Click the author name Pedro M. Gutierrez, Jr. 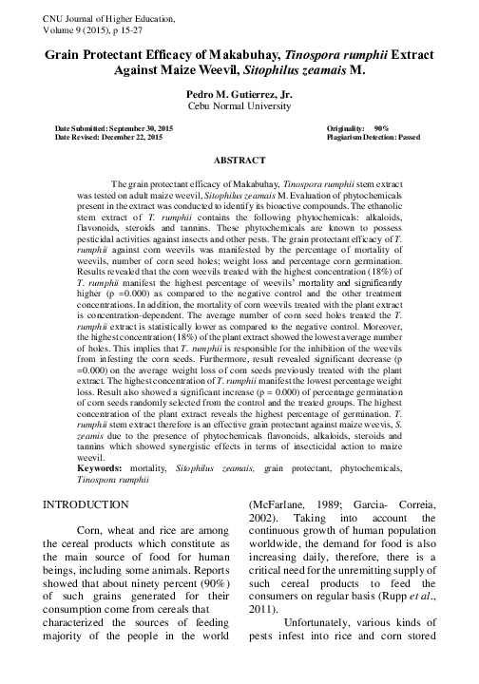coord(239,94)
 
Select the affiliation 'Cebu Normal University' coord(239,106)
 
